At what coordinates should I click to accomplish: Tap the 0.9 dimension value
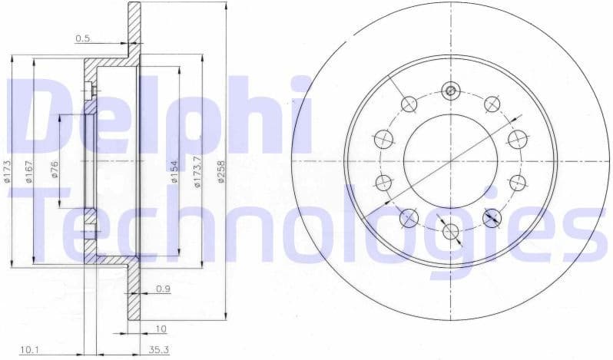coord(163,289)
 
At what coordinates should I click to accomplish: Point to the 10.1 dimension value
coord(29,350)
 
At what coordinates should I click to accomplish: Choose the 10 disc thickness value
coord(161,329)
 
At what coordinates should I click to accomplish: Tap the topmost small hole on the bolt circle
coord(450,91)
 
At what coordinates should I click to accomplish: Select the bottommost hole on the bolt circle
coord(450,231)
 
